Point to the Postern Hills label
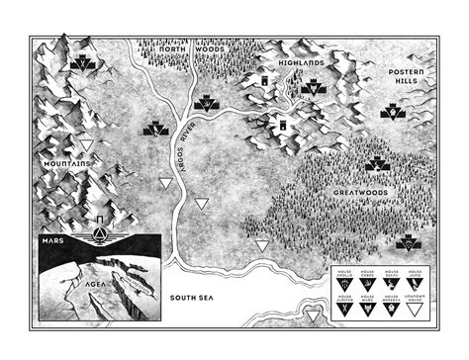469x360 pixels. click(x=408, y=79)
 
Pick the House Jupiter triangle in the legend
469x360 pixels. click(x=341, y=310)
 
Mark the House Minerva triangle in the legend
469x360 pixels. click(x=391, y=310)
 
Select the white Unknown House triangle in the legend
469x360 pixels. click(x=416, y=310)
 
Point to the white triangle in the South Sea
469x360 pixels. click(x=316, y=315)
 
